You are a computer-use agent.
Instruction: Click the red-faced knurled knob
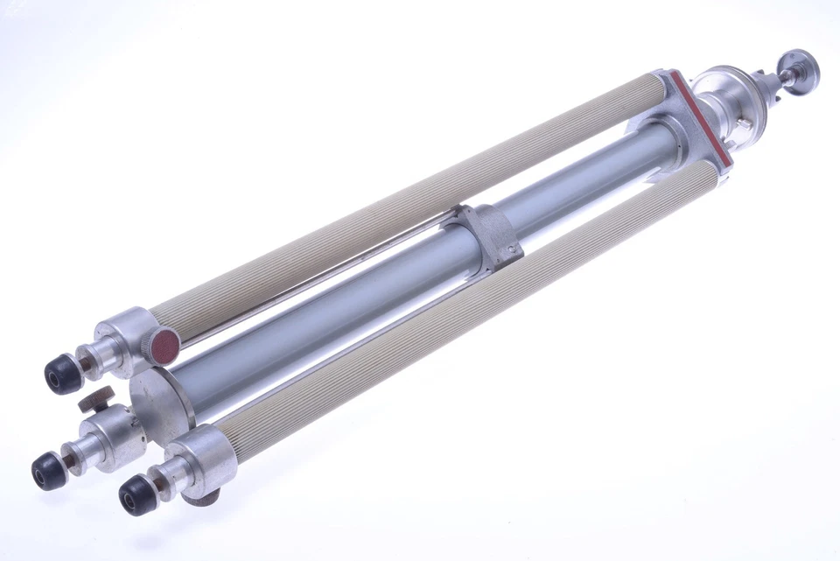[x=162, y=343]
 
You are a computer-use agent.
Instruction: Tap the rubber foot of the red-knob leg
[x=63, y=374]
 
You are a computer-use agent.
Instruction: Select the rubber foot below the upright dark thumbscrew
[x=49, y=472]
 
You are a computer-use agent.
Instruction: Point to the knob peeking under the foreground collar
[x=203, y=497]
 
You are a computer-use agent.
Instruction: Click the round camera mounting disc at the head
[x=801, y=69]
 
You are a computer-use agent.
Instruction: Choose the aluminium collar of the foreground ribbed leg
[x=206, y=452]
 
